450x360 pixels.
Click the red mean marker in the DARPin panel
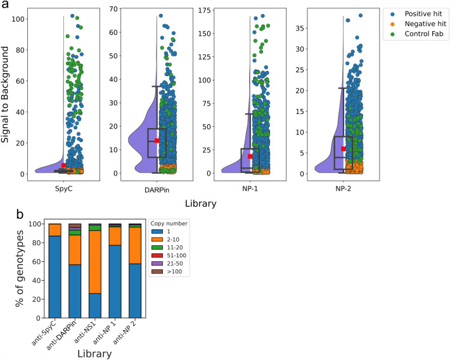(x=157, y=141)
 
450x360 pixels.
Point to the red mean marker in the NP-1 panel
(x=250, y=156)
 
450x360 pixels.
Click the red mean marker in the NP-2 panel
(x=343, y=148)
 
